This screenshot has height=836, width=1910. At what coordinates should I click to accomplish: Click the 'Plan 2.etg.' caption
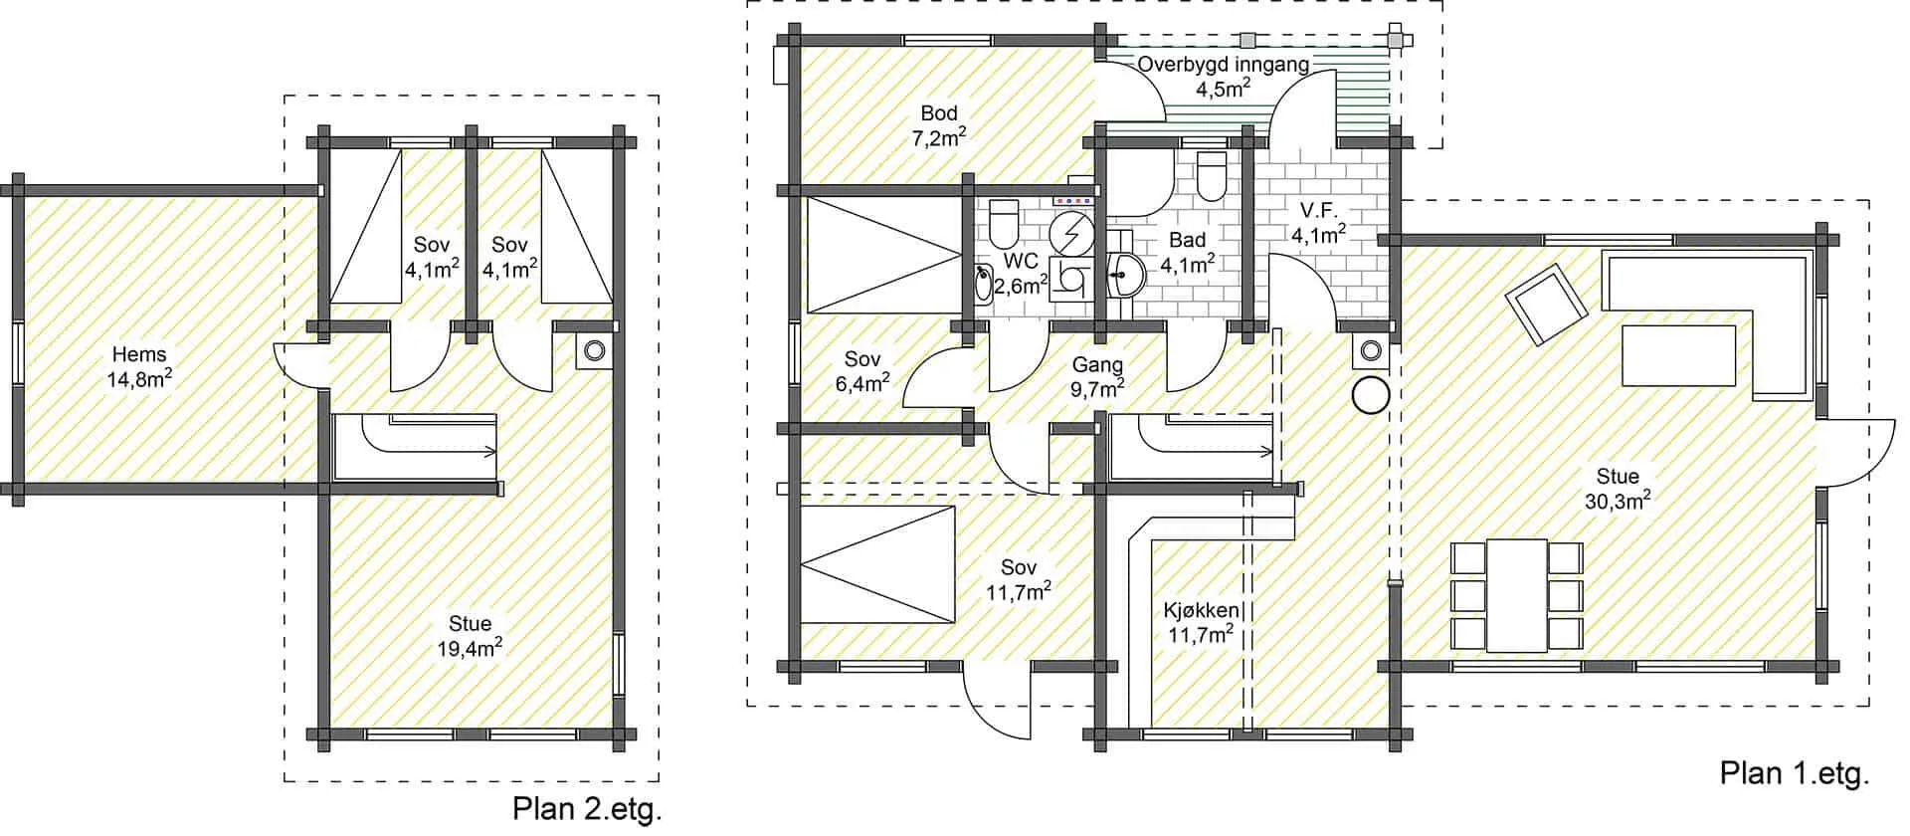click(x=587, y=808)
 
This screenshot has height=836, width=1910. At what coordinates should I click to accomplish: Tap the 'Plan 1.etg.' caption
click(x=1795, y=772)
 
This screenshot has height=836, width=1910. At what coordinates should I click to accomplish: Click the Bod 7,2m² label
click(x=939, y=125)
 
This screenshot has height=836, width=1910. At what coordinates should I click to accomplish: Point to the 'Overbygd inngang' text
click(x=1224, y=65)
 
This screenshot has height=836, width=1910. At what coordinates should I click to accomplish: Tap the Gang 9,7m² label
click(x=1097, y=376)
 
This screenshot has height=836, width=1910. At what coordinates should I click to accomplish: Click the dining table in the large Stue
click(x=1516, y=595)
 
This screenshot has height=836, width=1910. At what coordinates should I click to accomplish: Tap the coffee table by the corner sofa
click(x=1679, y=354)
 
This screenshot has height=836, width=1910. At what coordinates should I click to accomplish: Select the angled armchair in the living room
click(x=1546, y=305)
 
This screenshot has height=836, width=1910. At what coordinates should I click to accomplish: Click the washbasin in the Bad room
click(x=1124, y=272)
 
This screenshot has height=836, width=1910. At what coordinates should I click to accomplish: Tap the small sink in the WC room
click(x=983, y=284)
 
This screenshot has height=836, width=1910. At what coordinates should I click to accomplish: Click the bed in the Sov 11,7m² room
click(x=876, y=565)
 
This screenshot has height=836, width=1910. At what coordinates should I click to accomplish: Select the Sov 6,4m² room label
click(x=862, y=370)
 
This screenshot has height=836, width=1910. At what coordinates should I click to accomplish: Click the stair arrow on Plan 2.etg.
click(x=428, y=435)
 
